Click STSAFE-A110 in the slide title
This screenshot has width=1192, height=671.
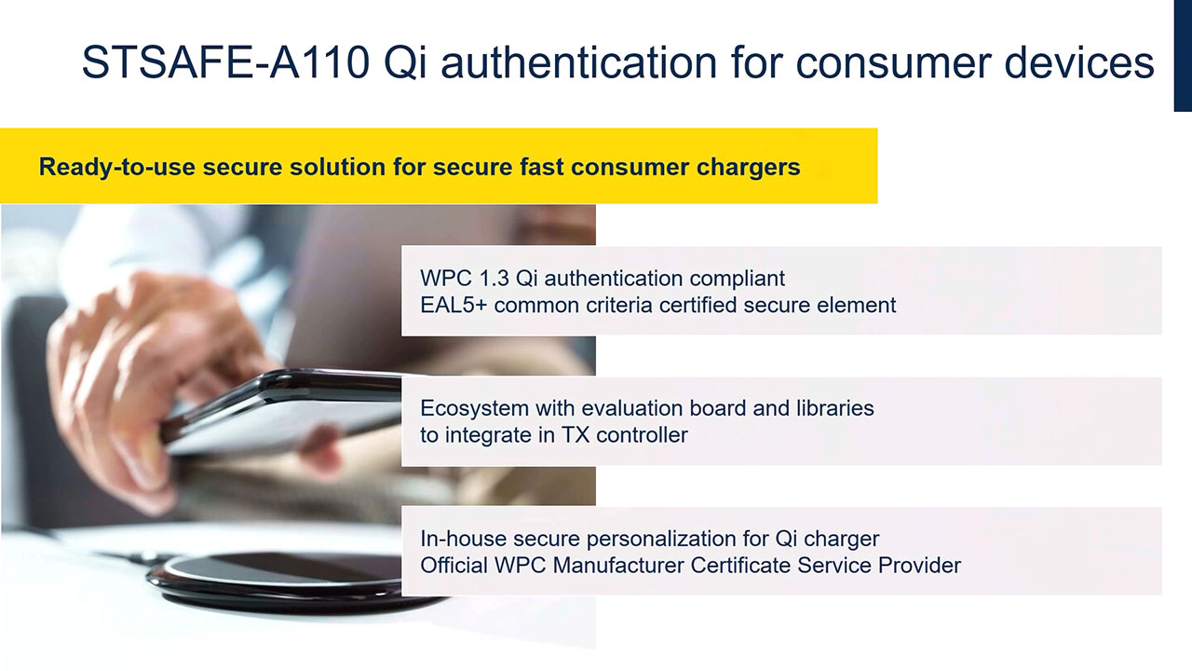pos(225,62)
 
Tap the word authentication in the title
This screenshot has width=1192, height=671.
pos(579,62)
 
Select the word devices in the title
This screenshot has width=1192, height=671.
pos(1079,62)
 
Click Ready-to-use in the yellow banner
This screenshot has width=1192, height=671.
pos(117,167)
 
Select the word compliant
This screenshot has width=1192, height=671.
pos(737,279)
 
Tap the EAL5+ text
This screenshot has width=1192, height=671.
pos(454,305)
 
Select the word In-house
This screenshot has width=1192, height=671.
pos(464,539)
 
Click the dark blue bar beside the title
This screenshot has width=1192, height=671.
pos(1183,55)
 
